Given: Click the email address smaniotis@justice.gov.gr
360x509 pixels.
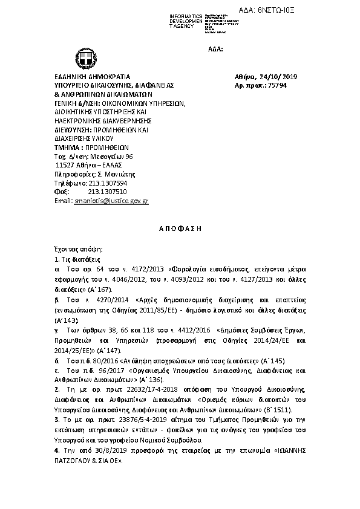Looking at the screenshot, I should (x=111, y=200).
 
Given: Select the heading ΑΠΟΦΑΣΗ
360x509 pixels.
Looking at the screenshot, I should (x=180, y=230).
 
